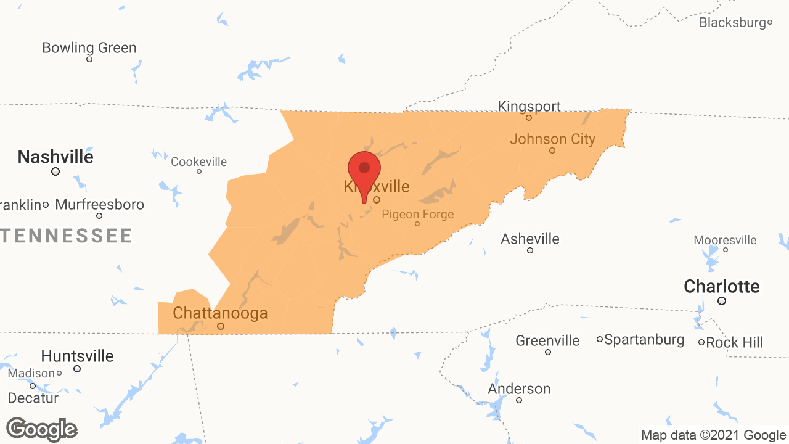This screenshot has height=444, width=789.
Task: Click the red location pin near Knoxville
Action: [x=364, y=170]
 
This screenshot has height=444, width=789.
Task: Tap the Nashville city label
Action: [x=55, y=157]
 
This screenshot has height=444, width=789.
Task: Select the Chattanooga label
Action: [x=220, y=313]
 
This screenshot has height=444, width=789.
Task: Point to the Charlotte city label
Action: [x=721, y=286]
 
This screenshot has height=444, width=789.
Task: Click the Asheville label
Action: [x=530, y=239]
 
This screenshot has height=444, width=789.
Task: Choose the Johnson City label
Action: [x=552, y=139]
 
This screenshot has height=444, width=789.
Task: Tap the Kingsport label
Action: [x=529, y=106]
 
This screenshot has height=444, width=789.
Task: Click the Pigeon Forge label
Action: [x=417, y=214]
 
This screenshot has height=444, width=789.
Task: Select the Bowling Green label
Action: [x=89, y=47]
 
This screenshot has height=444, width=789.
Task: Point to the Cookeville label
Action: [x=198, y=162]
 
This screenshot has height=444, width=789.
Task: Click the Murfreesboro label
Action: [x=100, y=204]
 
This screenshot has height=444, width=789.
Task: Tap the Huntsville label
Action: [x=77, y=356]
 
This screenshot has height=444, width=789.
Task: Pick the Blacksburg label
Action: [x=732, y=23]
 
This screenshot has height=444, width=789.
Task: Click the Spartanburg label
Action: [x=644, y=340]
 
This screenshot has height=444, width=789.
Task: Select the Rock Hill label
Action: [x=735, y=342]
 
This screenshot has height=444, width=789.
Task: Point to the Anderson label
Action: [x=519, y=388]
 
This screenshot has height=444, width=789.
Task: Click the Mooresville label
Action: [x=725, y=240]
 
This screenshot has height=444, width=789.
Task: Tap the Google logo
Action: [x=42, y=429]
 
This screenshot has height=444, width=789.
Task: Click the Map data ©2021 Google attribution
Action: [x=713, y=435]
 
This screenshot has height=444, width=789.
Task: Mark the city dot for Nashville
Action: [x=55, y=171]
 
